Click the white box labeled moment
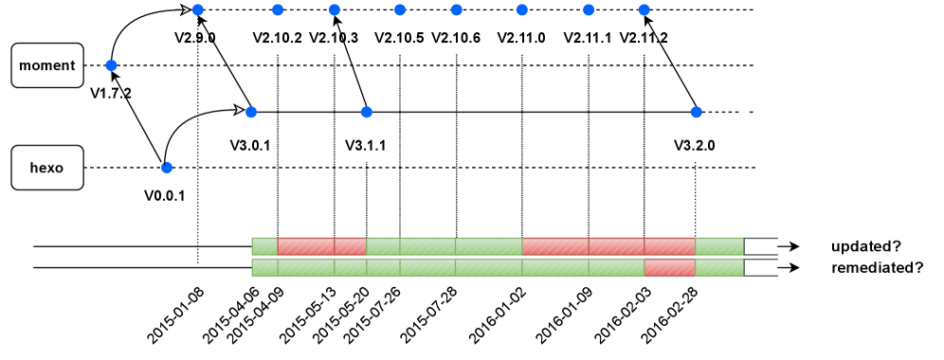coord(47,65)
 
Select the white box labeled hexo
coord(47,168)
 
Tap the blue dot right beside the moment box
coord(111,65)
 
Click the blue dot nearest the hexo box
coord(167,168)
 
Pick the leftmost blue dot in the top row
coord(197,10)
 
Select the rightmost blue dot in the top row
coord(644,10)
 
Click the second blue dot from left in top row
coord(278,10)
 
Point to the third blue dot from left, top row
coord(335,10)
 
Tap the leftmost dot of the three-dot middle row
coord(251,112)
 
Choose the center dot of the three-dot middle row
coord(367,112)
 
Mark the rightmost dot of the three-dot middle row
coord(697,112)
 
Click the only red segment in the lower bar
coord(669,267)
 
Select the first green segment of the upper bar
coord(264,246)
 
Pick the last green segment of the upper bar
coord(719,246)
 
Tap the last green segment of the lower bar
coord(719,267)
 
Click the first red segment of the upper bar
coord(305,246)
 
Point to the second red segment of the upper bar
coord(350,246)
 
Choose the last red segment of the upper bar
coord(669,246)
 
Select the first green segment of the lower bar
coord(264,267)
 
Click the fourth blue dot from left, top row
coord(400,10)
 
